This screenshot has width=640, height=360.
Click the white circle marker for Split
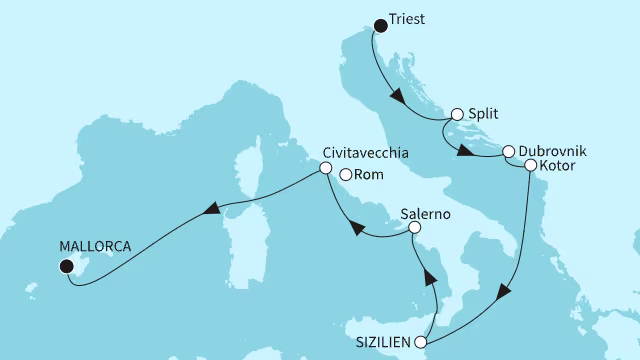point(458,115)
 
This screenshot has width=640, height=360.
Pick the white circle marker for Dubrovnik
point(509,151)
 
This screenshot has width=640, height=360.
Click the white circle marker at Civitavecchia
point(325,169)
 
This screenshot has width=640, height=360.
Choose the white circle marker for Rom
point(345,175)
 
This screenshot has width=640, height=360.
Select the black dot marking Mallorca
point(67,265)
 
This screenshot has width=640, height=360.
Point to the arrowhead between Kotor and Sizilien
point(504,291)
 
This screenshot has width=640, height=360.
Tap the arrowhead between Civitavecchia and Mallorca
point(211,209)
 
